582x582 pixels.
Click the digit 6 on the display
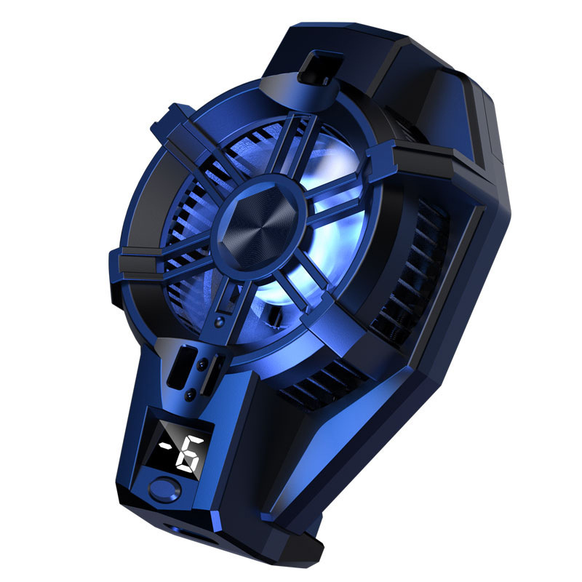(x=190, y=453)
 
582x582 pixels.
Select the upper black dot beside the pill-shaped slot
(x=202, y=365)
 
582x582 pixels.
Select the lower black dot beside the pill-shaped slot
(x=190, y=394)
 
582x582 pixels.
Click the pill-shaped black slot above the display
(x=182, y=367)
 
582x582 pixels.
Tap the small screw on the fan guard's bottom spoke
(x=220, y=322)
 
